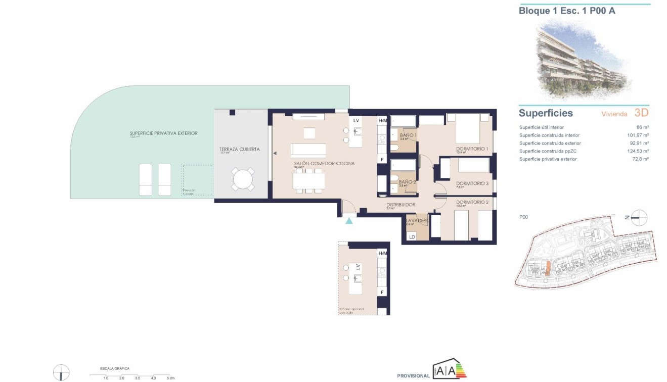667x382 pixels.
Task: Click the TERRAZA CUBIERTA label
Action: coord(240,149)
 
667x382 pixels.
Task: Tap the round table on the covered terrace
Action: coord(243,179)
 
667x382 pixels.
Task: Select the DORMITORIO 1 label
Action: coord(472,149)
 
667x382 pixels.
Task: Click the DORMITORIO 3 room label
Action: coord(472,183)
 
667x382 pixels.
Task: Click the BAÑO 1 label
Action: coord(408,135)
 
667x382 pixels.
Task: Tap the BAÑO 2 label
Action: coord(407,182)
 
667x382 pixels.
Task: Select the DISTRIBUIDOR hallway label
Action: coord(401,205)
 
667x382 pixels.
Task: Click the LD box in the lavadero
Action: coord(412,236)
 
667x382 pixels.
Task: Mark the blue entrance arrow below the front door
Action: coord(348,221)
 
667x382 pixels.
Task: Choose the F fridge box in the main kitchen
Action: coord(382,160)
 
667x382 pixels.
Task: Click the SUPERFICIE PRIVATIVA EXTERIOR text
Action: coord(163,133)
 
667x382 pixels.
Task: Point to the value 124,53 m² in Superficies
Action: coord(638,151)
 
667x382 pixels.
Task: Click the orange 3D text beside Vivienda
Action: coord(641,113)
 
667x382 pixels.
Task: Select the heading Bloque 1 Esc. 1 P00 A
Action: coord(567,10)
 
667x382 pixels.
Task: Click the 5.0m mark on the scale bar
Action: coord(170,378)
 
